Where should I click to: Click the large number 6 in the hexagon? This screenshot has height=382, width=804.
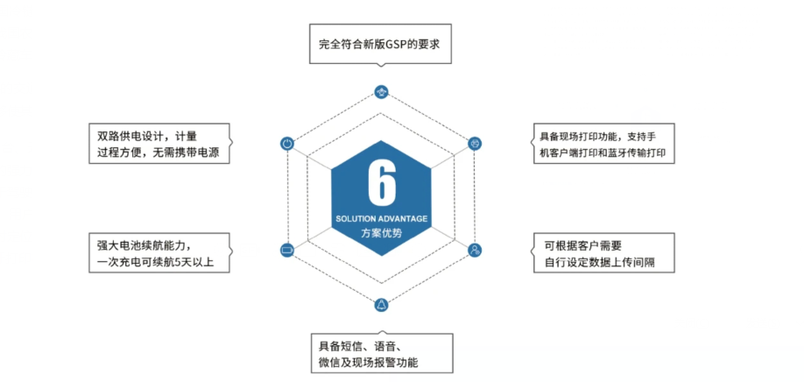tap(382, 182)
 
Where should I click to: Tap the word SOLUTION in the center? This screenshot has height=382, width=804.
tap(353, 219)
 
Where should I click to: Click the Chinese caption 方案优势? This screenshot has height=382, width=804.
tap(382, 232)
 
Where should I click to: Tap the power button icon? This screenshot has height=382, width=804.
tap(287, 144)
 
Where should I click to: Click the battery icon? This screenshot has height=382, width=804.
tap(287, 251)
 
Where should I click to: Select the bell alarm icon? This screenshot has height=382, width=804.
tap(381, 305)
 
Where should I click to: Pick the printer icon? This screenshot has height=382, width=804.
tap(476, 144)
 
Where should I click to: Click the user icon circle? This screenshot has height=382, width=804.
tap(476, 251)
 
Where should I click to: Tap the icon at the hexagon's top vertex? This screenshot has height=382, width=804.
tap(381, 92)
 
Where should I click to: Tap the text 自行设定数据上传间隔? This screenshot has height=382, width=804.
tap(601, 263)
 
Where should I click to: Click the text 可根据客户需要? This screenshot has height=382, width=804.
tap(583, 244)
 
